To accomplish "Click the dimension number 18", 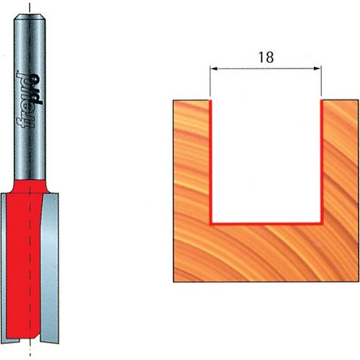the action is [x=266, y=57].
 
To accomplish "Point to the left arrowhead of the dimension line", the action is [x=214, y=68].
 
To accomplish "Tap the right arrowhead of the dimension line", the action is [x=317, y=68].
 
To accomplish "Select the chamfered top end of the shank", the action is [x=30, y=17].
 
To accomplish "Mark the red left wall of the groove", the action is [x=211, y=162].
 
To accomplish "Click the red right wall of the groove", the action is [x=322, y=162].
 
